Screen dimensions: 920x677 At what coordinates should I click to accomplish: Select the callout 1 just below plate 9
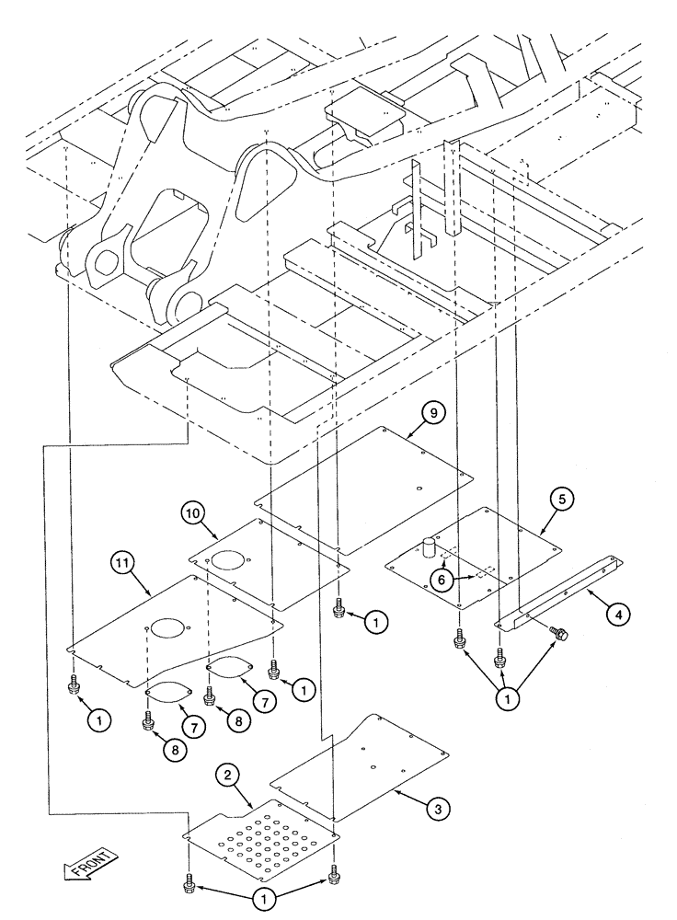pyautogui.click(x=374, y=623)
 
